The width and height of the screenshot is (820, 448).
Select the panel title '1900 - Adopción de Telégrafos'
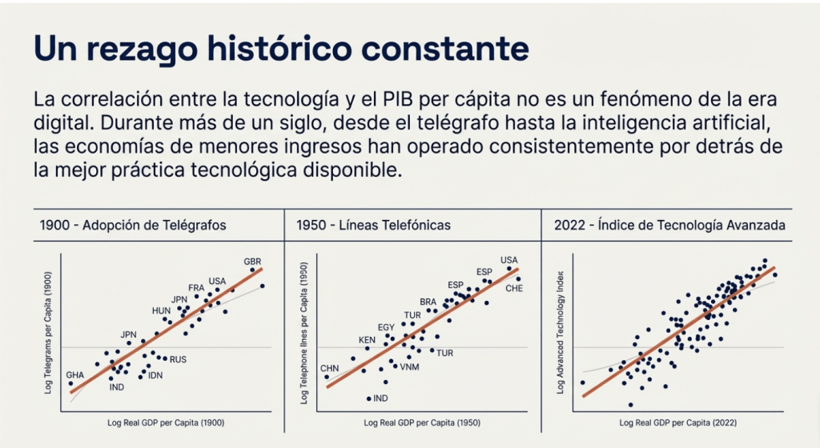(x=132, y=226)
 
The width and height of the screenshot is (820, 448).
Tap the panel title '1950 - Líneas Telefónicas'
(x=372, y=226)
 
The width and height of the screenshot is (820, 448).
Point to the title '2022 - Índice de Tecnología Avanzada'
(x=669, y=226)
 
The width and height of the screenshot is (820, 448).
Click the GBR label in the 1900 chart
(x=252, y=262)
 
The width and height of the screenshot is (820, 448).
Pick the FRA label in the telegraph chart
(x=196, y=288)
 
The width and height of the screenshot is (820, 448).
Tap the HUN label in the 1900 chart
(x=161, y=310)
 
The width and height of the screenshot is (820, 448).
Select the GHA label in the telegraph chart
(x=74, y=374)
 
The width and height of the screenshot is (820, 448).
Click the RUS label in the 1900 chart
(x=178, y=360)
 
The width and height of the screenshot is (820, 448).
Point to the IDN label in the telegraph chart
(x=155, y=375)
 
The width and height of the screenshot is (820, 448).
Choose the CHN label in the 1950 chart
(x=330, y=368)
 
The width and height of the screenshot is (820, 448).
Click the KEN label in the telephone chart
(x=367, y=340)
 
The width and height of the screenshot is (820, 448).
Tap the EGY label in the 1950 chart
(x=386, y=327)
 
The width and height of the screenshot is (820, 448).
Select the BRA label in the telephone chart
(x=428, y=302)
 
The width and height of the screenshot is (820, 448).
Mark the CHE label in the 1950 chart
(x=513, y=288)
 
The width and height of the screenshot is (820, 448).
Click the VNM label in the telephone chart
(x=409, y=367)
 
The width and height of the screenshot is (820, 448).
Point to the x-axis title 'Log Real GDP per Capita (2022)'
(x=677, y=422)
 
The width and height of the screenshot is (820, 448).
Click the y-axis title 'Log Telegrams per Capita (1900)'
(x=49, y=333)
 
